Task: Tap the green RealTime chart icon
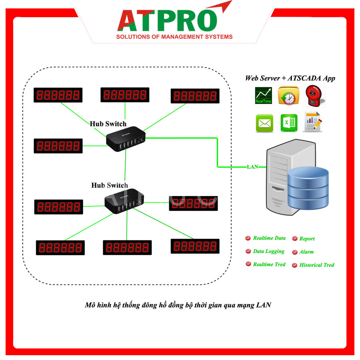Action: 263,96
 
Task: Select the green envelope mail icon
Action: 264,123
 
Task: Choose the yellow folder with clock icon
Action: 288,96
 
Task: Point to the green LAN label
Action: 253,167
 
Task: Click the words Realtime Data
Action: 269,238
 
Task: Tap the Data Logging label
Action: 269,251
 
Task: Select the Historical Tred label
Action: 316,265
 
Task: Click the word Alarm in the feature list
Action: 306,252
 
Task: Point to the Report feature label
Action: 307,239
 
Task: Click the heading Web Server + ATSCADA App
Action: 290,78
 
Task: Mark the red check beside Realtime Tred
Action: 248,264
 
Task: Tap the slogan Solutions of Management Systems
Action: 174,37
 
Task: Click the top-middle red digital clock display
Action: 125,95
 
